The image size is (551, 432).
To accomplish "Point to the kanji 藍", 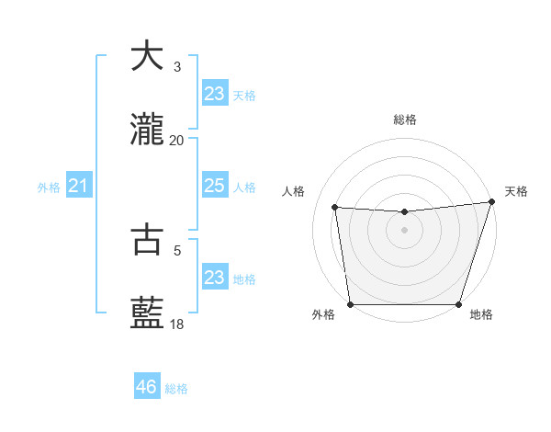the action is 146,313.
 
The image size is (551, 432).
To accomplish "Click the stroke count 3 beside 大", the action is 177,67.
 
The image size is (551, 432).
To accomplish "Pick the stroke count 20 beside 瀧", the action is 177,141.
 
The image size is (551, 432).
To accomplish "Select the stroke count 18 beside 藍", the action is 177,324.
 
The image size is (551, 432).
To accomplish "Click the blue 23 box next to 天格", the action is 214,93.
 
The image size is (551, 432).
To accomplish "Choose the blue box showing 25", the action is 214,186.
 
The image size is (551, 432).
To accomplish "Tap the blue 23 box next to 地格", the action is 214,278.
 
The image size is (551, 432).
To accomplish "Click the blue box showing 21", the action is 79,187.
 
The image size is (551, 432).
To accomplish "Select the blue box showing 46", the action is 147,387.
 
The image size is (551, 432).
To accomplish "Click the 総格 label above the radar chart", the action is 405,119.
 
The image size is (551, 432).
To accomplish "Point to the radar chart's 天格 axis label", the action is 516,191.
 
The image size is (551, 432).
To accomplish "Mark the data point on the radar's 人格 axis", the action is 335,208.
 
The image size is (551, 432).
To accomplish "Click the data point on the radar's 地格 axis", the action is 459,304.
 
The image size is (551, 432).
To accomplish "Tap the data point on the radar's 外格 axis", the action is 350,304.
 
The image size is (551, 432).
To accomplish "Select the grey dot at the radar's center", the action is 405,230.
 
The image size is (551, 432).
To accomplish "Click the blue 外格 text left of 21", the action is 49,188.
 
